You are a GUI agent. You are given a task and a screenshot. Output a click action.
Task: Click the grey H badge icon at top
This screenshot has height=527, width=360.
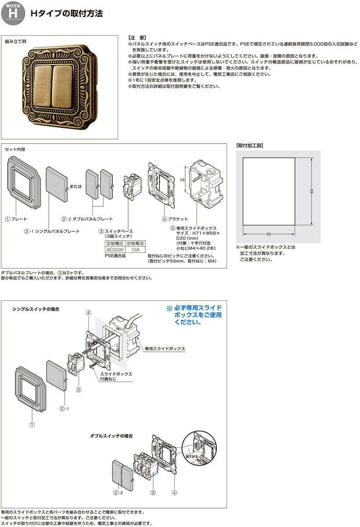click(x=13, y=13)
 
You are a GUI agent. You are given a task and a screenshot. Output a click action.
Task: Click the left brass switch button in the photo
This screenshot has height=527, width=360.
click(x=43, y=87)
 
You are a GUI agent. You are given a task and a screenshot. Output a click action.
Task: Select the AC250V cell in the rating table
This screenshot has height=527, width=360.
click(x=115, y=249)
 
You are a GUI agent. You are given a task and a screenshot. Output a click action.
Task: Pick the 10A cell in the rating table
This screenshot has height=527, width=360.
click(x=135, y=249)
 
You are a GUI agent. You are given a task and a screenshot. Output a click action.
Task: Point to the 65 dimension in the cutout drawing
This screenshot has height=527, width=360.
click(x=312, y=191)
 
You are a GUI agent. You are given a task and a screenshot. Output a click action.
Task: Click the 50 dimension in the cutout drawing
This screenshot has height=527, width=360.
click(x=269, y=234)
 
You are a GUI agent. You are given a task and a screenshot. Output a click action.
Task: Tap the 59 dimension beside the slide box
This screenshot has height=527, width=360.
click(x=182, y=180)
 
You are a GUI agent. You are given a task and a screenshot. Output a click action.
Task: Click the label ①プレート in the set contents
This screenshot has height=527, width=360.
click(x=16, y=219)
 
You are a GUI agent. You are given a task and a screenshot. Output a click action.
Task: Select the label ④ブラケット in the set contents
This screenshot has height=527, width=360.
click(x=175, y=219)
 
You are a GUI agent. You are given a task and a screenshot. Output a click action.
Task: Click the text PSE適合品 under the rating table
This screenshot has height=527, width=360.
click(x=115, y=256)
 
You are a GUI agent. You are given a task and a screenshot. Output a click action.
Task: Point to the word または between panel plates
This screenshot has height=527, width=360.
click(x=76, y=186)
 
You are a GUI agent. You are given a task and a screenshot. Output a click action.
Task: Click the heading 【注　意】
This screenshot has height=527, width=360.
click(x=137, y=38)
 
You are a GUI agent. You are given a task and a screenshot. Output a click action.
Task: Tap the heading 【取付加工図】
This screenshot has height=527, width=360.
click(x=249, y=145)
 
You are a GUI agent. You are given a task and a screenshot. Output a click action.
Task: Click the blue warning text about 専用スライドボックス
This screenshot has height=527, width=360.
click(x=194, y=315)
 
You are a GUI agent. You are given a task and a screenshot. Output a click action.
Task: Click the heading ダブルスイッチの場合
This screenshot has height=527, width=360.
click(x=112, y=436)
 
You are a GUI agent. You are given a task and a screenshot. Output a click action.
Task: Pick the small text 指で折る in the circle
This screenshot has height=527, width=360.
click(x=192, y=457)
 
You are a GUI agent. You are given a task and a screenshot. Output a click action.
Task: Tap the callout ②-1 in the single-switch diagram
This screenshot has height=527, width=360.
click(x=64, y=409)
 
